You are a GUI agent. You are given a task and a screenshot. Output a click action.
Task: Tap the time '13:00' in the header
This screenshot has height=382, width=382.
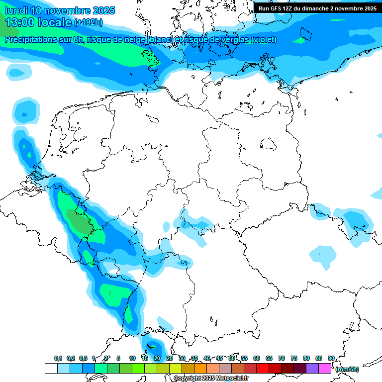click(20, 22)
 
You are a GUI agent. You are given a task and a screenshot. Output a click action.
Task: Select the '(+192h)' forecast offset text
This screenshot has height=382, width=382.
click(89, 22)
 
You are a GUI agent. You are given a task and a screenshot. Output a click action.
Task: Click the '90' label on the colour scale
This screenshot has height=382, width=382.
click(331, 358)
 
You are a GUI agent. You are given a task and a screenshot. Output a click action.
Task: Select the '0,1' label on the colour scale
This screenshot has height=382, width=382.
click(58, 358)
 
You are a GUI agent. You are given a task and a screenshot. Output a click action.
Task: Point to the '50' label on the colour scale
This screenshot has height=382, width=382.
click(232, 358)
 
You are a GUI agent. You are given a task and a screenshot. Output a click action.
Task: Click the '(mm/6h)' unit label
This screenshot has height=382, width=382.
click(347, 369)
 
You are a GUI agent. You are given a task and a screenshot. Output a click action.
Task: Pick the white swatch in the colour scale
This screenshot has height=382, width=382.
click(51, 368)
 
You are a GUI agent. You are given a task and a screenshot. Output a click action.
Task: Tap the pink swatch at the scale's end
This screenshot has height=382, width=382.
click(325, 368)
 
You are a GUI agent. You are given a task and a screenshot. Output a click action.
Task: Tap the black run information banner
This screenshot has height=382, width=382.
click(317, 8)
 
